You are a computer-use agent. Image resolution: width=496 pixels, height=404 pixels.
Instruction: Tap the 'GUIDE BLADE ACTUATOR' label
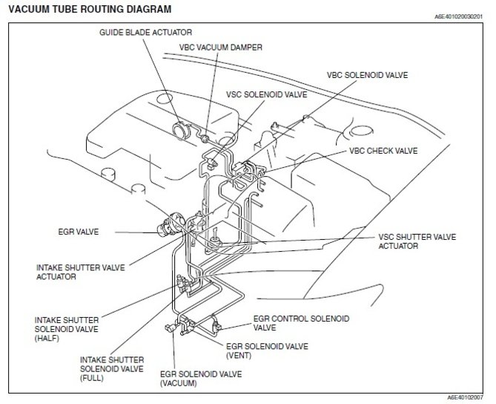click(146, 33)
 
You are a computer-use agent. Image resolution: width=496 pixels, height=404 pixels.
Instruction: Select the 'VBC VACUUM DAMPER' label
click(220, 47)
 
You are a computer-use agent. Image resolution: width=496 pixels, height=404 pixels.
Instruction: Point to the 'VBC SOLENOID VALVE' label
click(368, 76)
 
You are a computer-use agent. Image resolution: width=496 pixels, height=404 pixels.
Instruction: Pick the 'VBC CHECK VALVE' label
click(383, 151)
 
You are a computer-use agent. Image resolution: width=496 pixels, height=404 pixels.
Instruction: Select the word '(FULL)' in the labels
click(94, 377)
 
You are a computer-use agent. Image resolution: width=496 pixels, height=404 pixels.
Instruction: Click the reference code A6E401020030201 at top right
click(460, 16)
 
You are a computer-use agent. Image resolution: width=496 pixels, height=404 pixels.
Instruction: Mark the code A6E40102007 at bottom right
click(466, 398)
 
